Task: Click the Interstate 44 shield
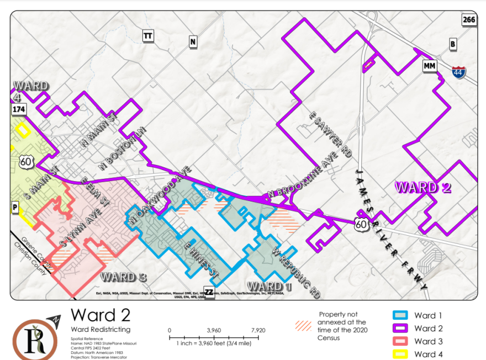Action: tap(458, 72)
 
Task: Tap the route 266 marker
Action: tap(468, 20)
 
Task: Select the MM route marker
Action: tap(430, 66)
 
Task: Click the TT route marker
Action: tap(147, 36)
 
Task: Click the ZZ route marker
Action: tap(209, 292)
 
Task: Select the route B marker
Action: tap(453, 44)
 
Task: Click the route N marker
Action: tap(192, 41)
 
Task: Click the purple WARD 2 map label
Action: tap(422, 187)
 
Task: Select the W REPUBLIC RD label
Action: tap(297, 270)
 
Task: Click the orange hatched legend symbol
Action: tap(304, 326)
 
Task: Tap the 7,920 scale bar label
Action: tap(258, 330)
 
